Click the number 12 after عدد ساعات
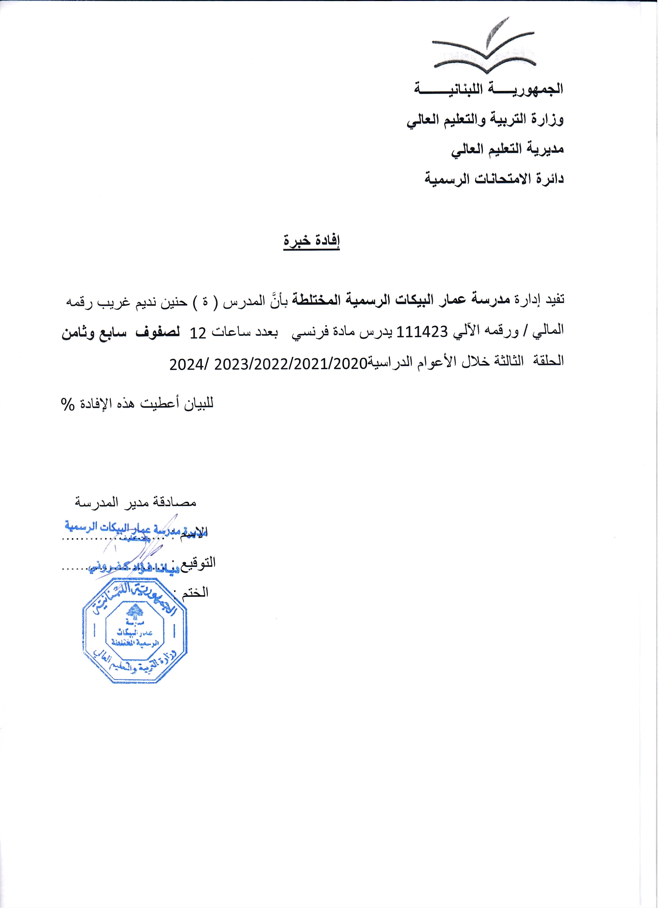(199, 332)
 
